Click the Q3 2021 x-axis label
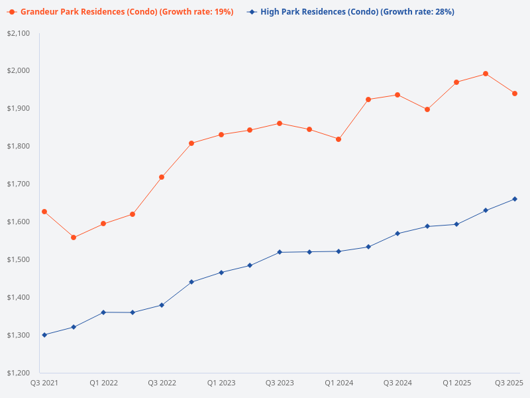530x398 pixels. tap(44, 383)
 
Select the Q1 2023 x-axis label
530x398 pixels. tap(221, 383)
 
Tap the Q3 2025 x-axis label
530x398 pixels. tap(509, 383)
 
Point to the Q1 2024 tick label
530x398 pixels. tap(339, 383)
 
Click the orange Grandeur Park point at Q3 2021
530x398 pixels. tap(44, 212)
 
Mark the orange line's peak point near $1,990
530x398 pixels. tap(486, 74)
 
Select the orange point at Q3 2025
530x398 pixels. tap(515, 94)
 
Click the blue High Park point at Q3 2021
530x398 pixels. tap(44, 335)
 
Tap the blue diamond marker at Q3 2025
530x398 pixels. tap(515, 199)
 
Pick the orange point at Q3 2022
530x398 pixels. tap(162, 177)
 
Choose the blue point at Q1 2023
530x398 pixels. tap(221, 273)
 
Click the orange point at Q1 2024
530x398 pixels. tap(339, 139)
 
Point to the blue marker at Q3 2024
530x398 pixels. tap(397, 233)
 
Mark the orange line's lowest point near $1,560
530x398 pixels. tap(74, 237)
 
